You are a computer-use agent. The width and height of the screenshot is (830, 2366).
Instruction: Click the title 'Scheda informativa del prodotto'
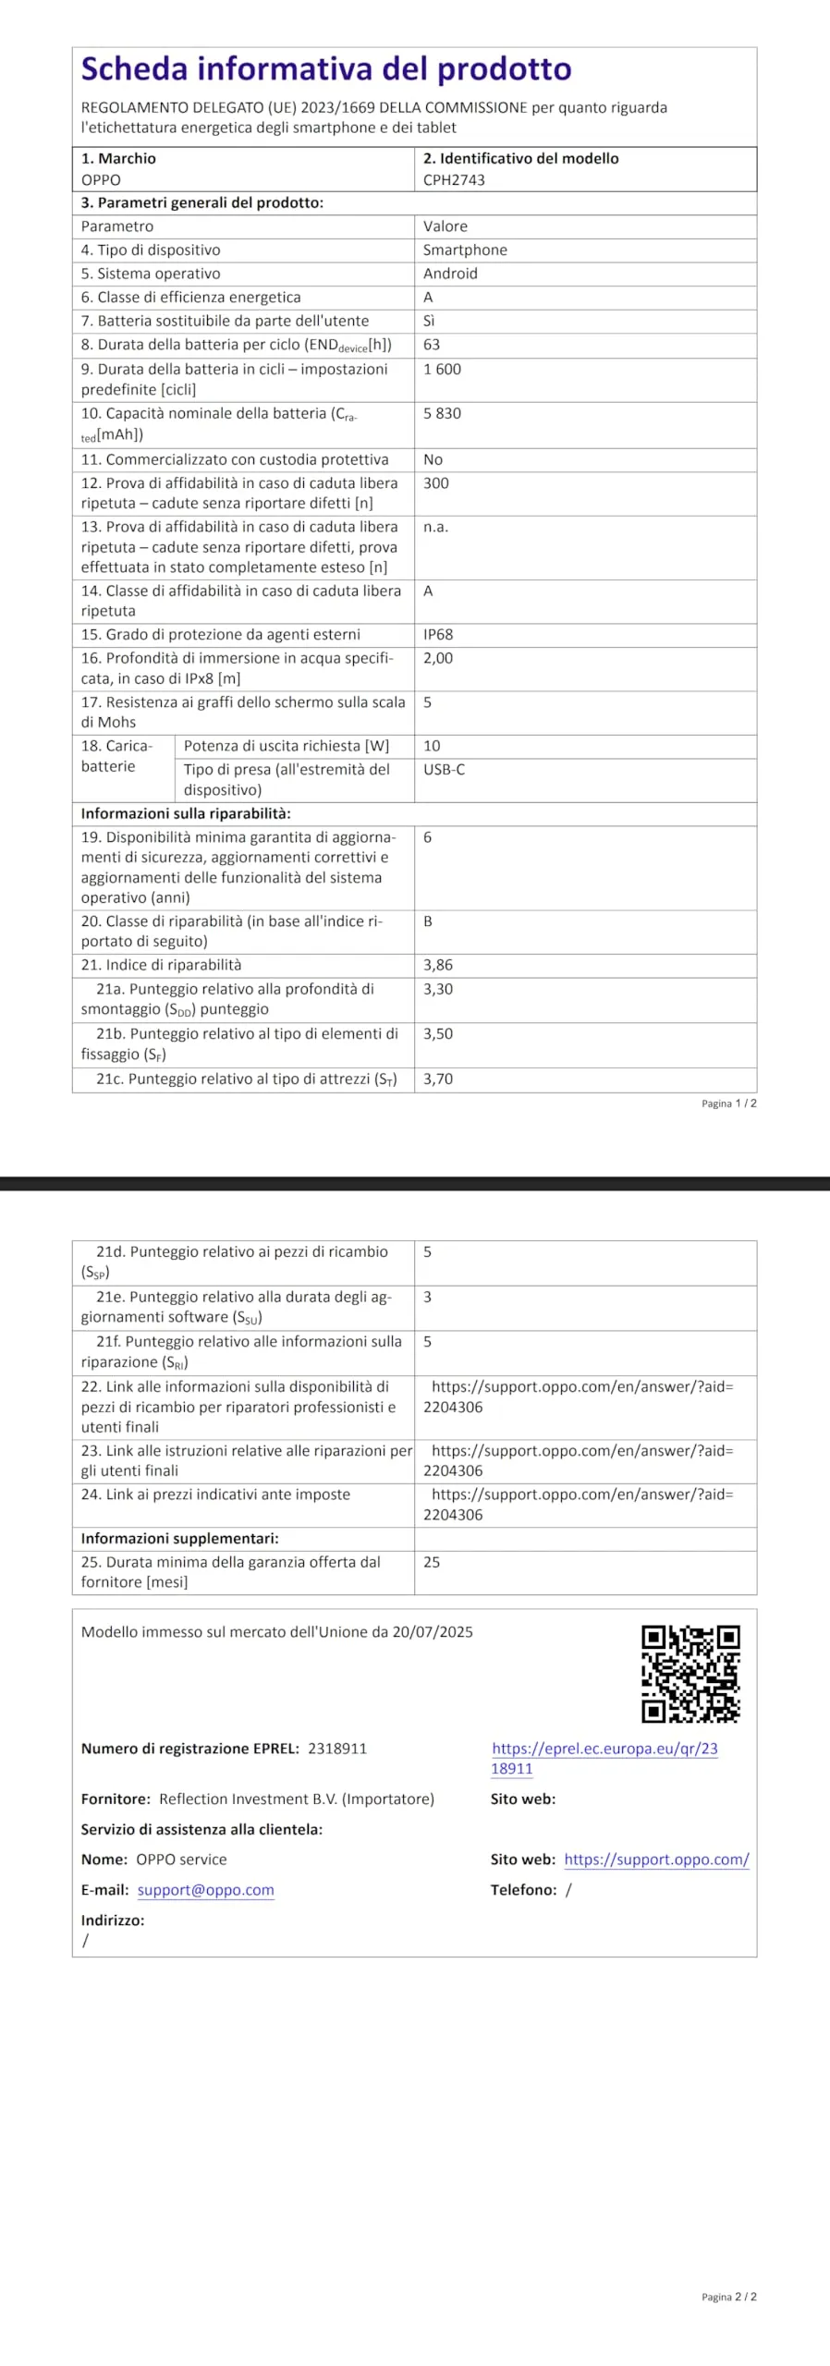[x=326, y=69]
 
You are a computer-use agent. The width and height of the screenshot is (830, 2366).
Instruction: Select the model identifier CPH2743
[x=454, y=180]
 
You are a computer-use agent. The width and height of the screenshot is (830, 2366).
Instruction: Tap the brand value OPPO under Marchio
[x=101, y=180]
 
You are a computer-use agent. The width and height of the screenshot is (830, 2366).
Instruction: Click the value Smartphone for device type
[x=465, y=250]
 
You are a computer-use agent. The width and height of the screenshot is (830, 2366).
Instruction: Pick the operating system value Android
[x=450, y=274]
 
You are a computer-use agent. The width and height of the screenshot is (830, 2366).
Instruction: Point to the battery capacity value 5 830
[x=442, y=413]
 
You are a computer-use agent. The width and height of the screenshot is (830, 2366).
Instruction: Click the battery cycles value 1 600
[x=442, y=369]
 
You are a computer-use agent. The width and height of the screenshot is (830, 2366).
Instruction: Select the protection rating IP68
[x=438, y=634]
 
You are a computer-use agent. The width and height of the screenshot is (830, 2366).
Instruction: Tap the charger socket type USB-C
[x=445, y=769]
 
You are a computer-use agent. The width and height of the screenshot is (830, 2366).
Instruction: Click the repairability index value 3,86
[x=438, y=965]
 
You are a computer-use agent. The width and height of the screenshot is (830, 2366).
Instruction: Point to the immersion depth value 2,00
[x=438, y=658]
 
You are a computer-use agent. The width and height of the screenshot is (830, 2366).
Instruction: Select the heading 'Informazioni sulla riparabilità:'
[x=186, y=813]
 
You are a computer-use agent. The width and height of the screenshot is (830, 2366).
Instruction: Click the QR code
[x=690, y=1674]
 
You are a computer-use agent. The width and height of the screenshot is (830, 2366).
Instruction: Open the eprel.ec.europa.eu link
[x=604, y=1758]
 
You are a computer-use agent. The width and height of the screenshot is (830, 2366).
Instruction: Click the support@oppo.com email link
[x=206, y=1890]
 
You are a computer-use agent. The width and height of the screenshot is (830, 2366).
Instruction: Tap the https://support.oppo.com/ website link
[x=656, y=1860]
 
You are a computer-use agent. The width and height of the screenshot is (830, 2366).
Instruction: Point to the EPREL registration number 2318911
[x=337, y=1749]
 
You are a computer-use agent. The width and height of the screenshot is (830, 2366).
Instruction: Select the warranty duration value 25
[x=432, y=1562]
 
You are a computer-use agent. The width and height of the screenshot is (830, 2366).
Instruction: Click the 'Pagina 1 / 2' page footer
[x=728, y=1104]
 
